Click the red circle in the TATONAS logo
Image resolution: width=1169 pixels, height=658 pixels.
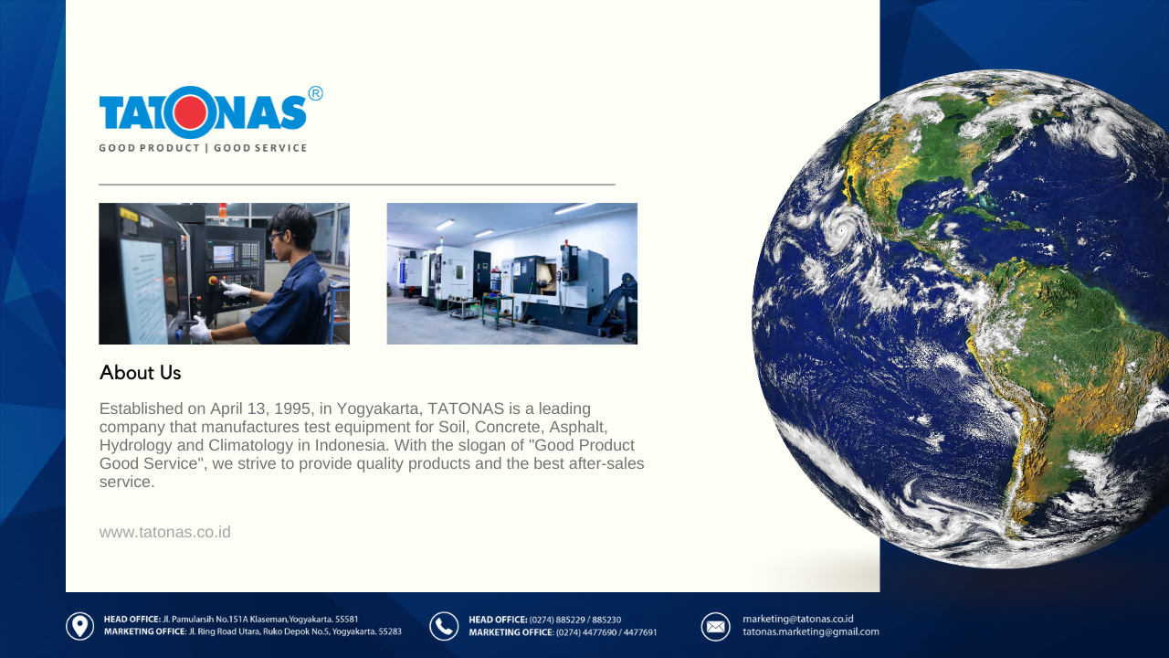[190, 112]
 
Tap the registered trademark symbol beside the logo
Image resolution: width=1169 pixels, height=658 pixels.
[315, 93]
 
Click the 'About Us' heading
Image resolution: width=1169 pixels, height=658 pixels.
[140, 373]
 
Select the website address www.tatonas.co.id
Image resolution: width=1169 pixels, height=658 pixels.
[165, 532]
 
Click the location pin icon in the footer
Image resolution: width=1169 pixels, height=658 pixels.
[79, 626]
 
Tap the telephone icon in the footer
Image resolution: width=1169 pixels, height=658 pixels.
[444, 626]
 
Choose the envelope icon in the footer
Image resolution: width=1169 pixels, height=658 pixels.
[715, 626]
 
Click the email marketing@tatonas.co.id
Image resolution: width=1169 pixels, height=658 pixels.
[798, 619]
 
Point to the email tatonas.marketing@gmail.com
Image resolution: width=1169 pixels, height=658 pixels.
[810, 631]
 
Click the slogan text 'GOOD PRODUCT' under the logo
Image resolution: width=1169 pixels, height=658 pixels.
[149, 148]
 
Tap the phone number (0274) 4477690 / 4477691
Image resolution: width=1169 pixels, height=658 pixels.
[606, 632]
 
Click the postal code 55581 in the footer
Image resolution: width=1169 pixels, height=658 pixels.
[346, 620]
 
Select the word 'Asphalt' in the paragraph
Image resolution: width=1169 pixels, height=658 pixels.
[578, 427]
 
